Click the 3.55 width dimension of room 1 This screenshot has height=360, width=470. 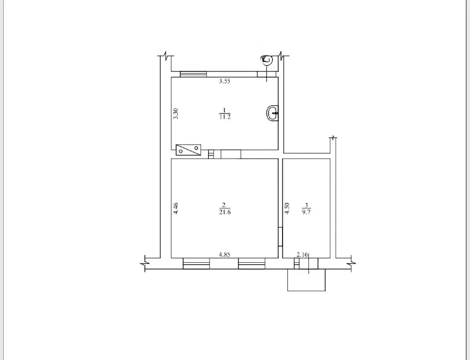pyautogui.click(x=225, y=81)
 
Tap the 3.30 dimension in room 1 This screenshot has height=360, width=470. pyautogui.click(x=176, y=113)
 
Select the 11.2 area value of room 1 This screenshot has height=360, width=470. pyautogui.click(x=225, y=117)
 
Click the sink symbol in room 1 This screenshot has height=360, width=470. pyautogui.click(x=272, y=113)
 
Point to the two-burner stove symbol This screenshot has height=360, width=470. pyautogui.click(x=188, y=149)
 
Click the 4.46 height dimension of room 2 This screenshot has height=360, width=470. pyautogui.click(x=176, y=208)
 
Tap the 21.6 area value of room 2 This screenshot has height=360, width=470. pyautogui.click(x=225, y=212)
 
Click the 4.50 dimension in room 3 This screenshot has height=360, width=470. pyautogui.click(x=287, y=208)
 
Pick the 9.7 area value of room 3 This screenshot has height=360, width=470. pyautogui.click(x=306, y=212)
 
